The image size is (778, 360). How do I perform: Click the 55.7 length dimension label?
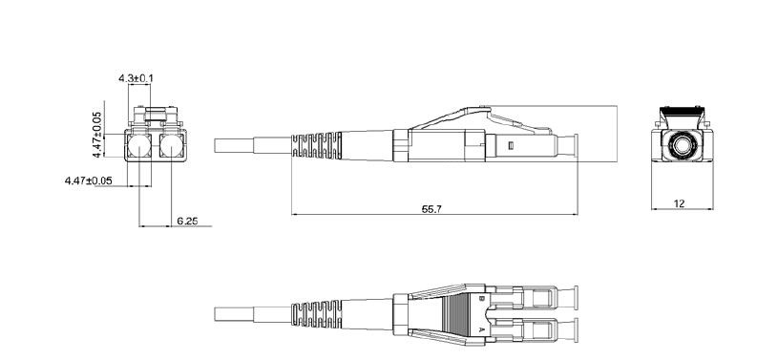click(431, 209)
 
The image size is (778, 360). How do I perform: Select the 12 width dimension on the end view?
click(680, 203)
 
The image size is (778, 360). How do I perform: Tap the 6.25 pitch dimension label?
click(187, 221)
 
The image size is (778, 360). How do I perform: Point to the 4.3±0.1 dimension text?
click(136, 78)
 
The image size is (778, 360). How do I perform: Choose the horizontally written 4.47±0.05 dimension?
click(89, 180)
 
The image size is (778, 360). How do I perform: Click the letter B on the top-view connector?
click(481, 299)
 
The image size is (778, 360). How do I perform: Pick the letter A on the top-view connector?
click(481, 329)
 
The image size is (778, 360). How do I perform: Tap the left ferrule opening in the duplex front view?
click(139, 146)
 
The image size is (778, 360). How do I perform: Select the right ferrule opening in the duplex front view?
click(172, 146)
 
